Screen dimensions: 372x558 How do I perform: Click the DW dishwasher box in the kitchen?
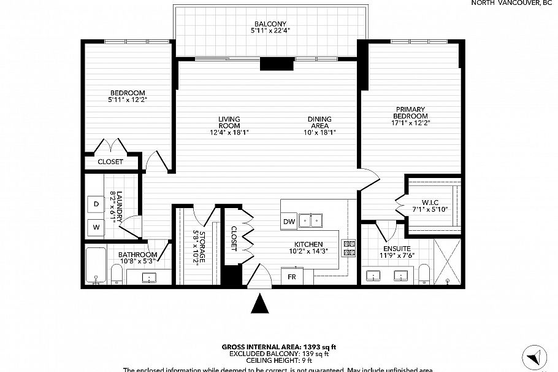tap(289, 222)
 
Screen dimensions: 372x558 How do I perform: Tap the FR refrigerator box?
tap(292, 276)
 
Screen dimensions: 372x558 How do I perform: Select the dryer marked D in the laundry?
tap(96, 204)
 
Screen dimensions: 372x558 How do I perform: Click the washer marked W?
tap(96, 227)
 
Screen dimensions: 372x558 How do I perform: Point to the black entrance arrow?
tap(261, 304)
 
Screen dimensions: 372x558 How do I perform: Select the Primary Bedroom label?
tap(410, 112)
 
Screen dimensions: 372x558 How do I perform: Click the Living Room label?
tap(229, 122)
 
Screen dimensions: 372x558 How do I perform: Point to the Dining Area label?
tap(319, 122)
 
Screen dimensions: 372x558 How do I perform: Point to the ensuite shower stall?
tap(447, 262)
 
